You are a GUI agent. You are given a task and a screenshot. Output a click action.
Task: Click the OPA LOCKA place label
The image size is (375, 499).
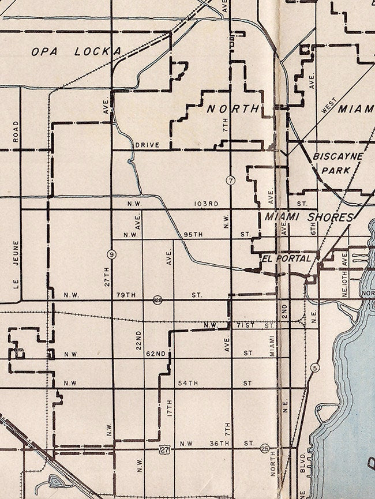point(76,51)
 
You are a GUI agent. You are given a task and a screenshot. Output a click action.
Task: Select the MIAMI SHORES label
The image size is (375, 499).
point(309,217)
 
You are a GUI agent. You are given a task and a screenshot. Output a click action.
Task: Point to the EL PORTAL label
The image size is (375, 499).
point(289,258)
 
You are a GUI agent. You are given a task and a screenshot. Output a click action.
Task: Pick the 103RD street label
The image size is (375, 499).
point(206,204)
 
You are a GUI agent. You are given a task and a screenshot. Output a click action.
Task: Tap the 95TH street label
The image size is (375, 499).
point(193,235)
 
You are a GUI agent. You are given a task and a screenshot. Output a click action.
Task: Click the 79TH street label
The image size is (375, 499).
point(125,295)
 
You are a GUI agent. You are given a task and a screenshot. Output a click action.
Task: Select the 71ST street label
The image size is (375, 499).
point(246,326)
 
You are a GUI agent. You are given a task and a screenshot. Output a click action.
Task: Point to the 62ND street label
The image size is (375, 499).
point(156,352)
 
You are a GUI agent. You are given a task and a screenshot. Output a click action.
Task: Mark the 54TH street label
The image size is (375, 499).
point(188,382)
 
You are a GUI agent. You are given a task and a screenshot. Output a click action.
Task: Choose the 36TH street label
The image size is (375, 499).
point(219,443)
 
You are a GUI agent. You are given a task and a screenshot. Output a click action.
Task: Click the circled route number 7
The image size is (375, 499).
point(230,180)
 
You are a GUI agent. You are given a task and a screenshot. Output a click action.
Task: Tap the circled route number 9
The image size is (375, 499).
point(110,254)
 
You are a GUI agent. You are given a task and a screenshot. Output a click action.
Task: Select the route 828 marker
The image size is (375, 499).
point(157,299)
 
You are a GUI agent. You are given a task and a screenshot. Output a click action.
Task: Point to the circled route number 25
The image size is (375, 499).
point(265,448)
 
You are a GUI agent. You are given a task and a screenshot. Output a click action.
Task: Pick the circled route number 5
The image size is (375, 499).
point(314,367)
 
